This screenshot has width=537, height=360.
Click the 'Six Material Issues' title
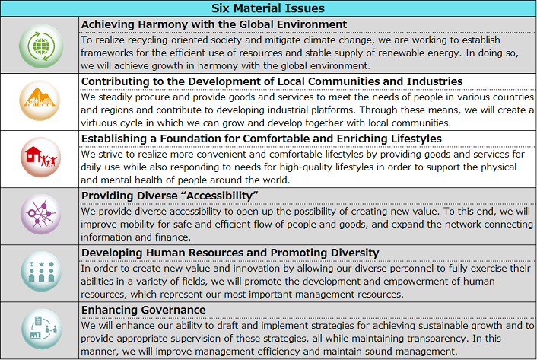tap(268, 8)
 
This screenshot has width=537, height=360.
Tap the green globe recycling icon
tap(40, 45)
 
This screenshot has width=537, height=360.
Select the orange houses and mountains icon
tap(40, 101)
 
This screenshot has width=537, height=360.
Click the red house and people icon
tap(40, 158)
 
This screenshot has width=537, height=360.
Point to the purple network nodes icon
tap(40, 215)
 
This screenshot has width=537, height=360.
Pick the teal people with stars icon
tap(40, 272)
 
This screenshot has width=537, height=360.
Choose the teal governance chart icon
tap(40, 330)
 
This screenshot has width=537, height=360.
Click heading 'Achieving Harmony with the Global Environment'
tap(214, 24)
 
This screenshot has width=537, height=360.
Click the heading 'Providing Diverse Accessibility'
tap(169, 195)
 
